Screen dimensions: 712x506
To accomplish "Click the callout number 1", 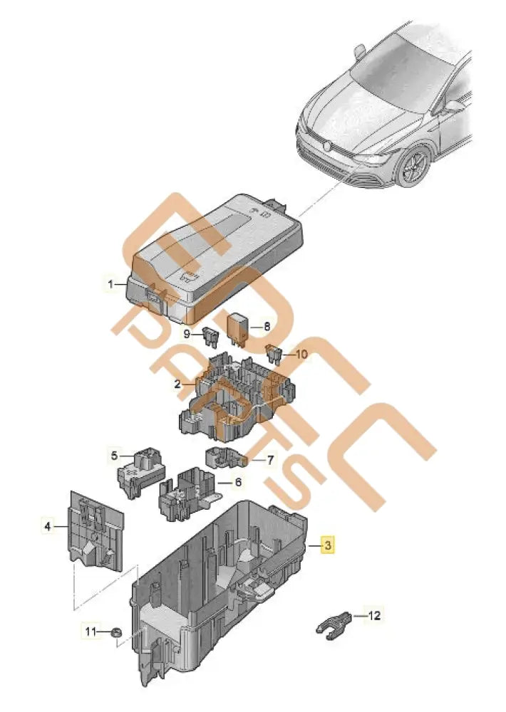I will tap(111, 285).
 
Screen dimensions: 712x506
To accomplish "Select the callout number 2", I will tap(177, 384).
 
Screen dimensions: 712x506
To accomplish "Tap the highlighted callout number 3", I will tap(327, 546).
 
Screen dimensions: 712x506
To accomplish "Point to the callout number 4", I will tap(48, 527).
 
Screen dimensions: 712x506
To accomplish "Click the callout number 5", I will tap(113, 453).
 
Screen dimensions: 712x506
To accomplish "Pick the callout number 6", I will tap(238, 482).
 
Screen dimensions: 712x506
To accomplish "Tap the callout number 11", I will tap(90, 631).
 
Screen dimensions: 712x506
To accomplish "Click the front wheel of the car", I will tap(413, 167).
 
